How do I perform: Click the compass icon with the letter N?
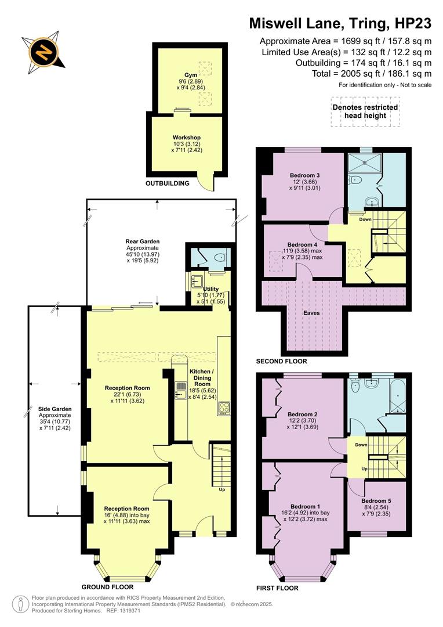pos(43,51)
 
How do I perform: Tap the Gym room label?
pos(190,75)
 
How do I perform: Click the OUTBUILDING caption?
pos(167,183)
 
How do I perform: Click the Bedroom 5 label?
pos(376,500)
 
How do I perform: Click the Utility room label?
pos(211,289)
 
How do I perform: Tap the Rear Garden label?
pos(142,242)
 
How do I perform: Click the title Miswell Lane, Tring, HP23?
pos(340,23)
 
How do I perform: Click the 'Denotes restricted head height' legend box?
pos(365,111)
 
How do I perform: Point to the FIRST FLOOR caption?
pos(277,588)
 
